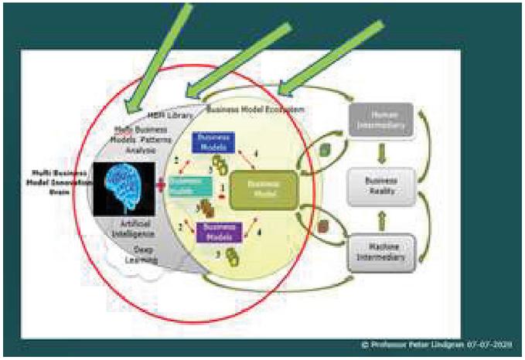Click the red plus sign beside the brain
click(x=160, y=185)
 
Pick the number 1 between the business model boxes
click(x=223, y=187)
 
